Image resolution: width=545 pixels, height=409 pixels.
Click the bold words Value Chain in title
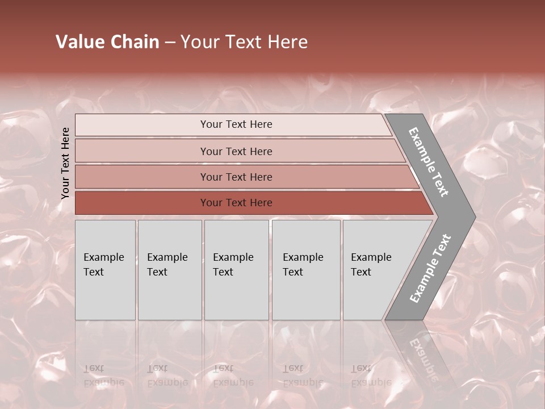point(107,42)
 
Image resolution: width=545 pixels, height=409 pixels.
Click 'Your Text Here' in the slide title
point(244,42)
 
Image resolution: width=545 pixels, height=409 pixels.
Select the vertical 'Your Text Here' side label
point(66,163)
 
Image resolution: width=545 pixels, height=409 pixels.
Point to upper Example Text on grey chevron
point(429,162)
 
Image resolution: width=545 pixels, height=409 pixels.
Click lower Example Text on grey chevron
point(430,268)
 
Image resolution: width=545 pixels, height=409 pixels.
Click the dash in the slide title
point(170,42)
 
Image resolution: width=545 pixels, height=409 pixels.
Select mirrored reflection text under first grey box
point(103,375)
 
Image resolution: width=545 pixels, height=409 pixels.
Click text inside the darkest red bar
point(236,203)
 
